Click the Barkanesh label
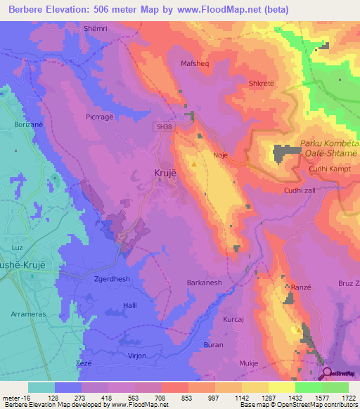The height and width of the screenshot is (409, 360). point(204,283)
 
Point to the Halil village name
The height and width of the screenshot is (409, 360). point(129,304)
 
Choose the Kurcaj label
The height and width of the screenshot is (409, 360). point(233,320)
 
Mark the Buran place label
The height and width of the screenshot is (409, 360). point(213,344)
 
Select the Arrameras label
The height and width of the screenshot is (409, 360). point(29,315)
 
